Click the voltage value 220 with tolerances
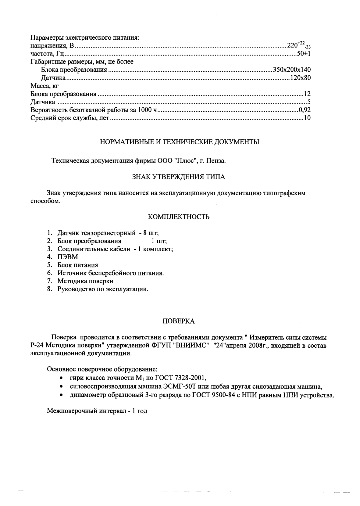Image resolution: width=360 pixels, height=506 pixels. tap(298, 46)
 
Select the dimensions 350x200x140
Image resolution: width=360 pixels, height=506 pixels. tap(292, 70)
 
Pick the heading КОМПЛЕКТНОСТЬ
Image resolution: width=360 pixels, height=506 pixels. tap(179, 217)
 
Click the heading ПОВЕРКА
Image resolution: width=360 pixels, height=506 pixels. tap(179, 321)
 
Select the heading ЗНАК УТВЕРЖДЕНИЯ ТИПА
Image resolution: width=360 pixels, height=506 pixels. tap(179, 177)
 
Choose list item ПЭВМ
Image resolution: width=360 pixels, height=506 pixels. tap(68, 257)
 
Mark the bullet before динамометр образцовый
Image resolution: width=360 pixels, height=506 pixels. tap(62, 395)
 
